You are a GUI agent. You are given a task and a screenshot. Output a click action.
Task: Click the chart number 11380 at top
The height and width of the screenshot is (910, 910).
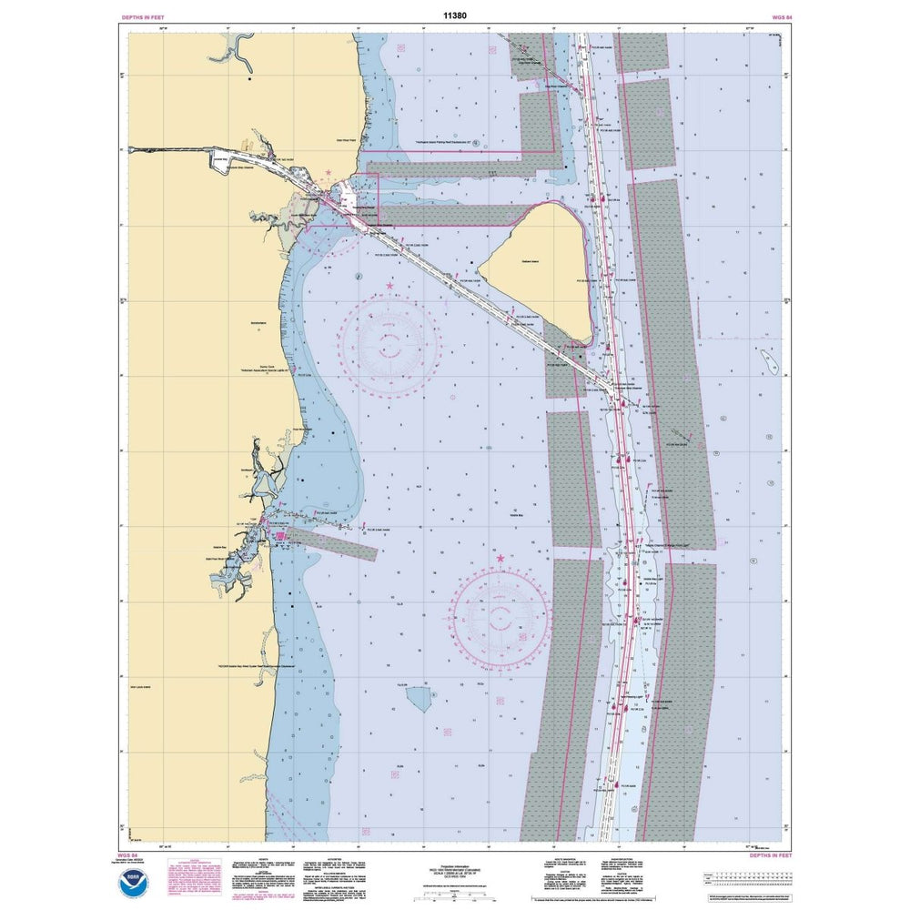point(454,15)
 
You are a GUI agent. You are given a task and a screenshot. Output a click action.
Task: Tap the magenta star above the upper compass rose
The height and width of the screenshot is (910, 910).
point(390,287)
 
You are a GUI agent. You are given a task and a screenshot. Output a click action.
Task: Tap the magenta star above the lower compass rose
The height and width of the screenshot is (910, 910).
point(500,557)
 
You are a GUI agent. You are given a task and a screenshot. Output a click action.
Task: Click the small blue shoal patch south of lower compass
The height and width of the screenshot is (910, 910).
point(420,699)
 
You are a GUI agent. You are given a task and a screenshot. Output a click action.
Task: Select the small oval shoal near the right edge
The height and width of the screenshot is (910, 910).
point(771,364)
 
